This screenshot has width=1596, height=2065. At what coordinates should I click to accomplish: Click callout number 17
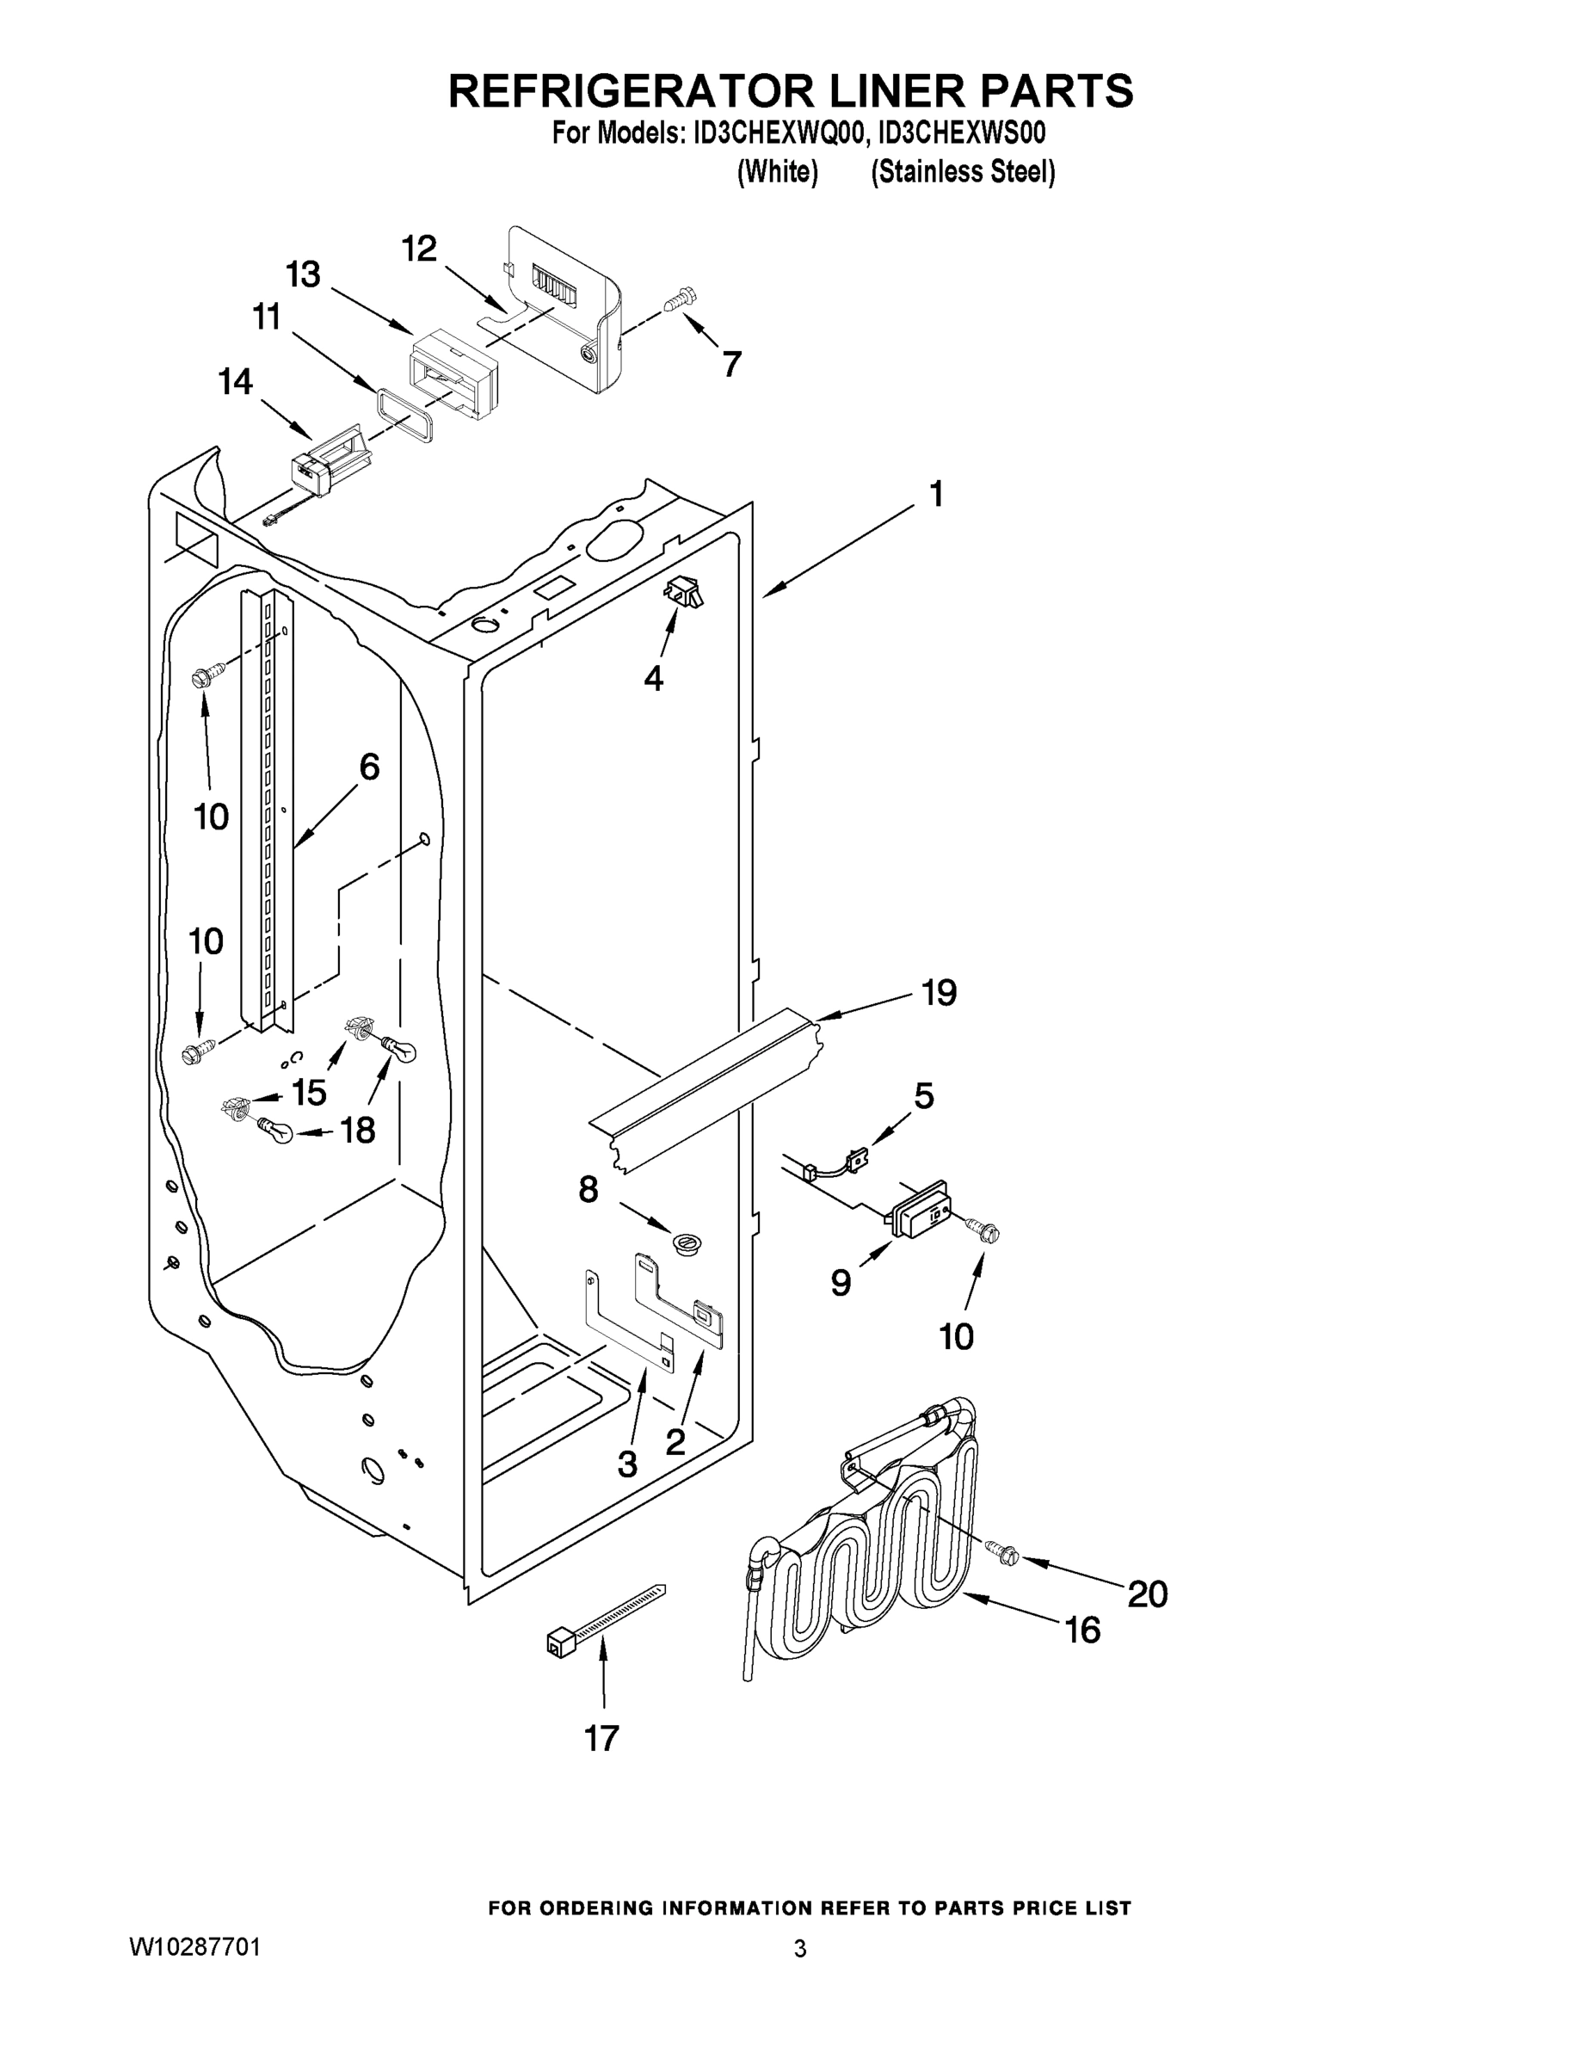[x=601, y=1738]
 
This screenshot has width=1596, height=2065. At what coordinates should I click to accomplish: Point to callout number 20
[x=1148, y=1594]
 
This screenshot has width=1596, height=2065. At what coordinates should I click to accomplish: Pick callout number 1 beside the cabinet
[x=936, y=494]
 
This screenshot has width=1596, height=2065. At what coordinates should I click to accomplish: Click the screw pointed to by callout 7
[x=679, y=300]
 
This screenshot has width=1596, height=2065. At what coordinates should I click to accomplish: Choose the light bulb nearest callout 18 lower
[x=274, y=1129]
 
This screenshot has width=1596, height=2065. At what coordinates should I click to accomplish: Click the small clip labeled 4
[x=684, y=593]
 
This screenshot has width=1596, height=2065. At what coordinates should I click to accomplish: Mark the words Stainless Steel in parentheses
[x=963, y=172]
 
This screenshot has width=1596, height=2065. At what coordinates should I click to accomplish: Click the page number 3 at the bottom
[x=800, y=1949]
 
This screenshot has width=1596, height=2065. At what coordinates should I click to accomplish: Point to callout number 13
[x=304, y=275]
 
